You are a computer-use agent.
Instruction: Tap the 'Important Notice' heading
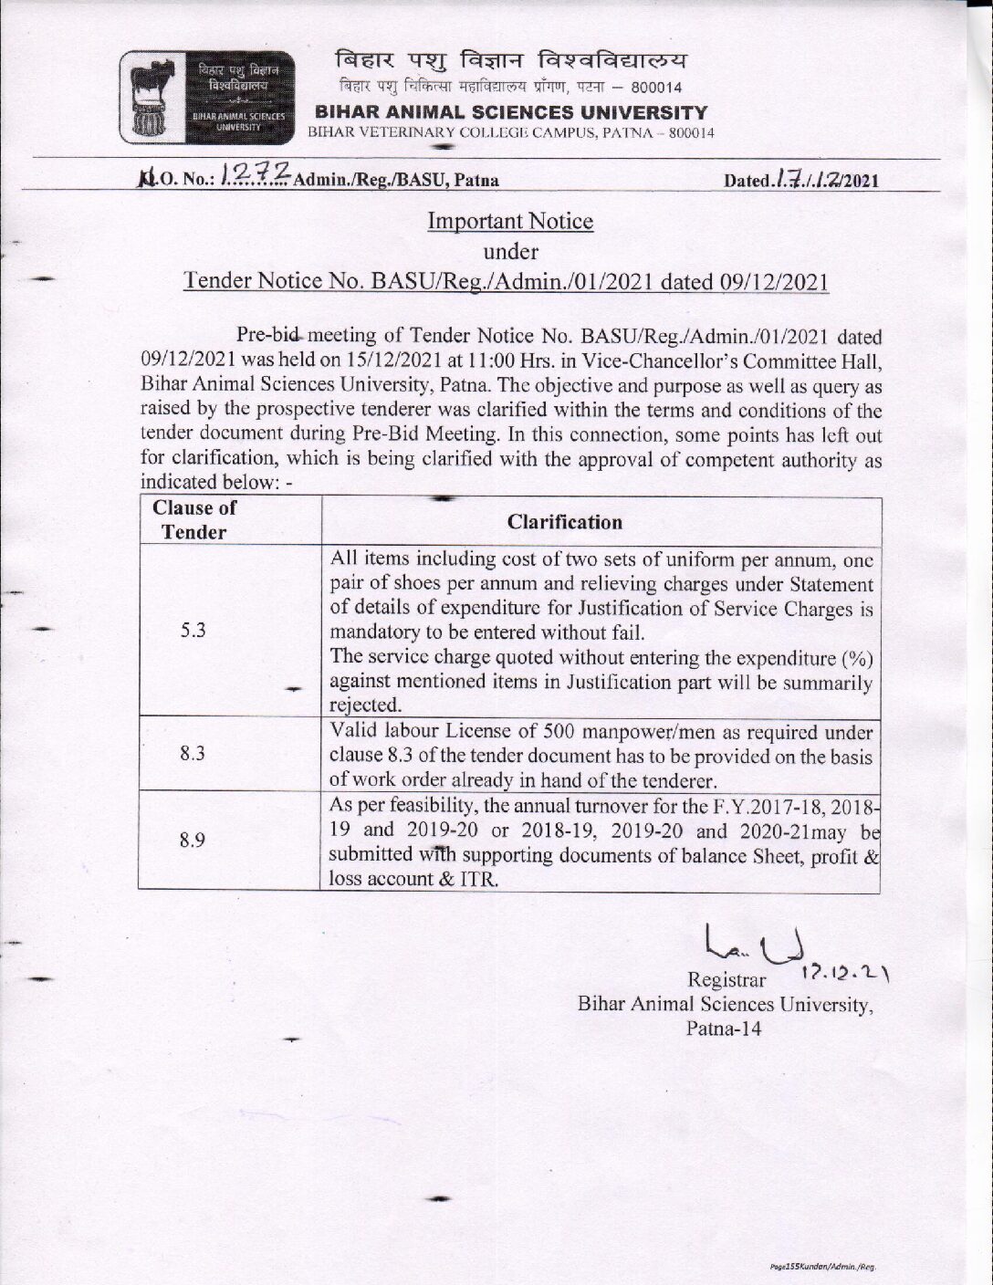pyautogui.click(x=510, y=222)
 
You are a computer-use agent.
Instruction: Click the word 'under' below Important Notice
pyautogui.click(x=510, y=251)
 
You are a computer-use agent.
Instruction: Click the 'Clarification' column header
pyautogui.click(x=564, y=522)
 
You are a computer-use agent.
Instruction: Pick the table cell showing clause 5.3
pyautogui.click(x=193, y=630)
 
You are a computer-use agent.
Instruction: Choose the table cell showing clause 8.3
pyautogui.click(x=192, y=753)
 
